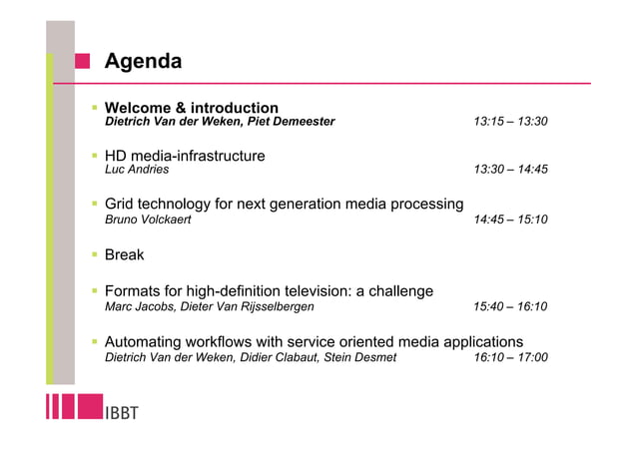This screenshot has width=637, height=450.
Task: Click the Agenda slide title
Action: click(144, 62)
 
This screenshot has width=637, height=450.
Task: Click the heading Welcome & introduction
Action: click(192, 108)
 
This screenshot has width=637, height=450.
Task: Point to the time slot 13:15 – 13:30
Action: click(510, 123)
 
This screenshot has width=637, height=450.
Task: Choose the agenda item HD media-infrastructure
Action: click(185, 156)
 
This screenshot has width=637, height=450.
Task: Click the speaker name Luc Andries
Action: click(137, 171)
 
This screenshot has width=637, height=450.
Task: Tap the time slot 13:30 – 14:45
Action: click(510, 171)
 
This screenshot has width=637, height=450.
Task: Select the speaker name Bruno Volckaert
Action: click(148, 220)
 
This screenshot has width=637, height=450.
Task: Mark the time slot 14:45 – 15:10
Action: click(510, 220)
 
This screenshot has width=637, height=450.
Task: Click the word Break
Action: click(125, 254)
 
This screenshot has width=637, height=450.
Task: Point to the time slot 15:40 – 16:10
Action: click(510, 306)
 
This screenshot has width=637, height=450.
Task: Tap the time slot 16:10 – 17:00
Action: click(510, 357)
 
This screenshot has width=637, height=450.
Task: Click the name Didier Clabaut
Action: click(289, 357)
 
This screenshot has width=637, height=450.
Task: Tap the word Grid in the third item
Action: click(121, 205)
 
